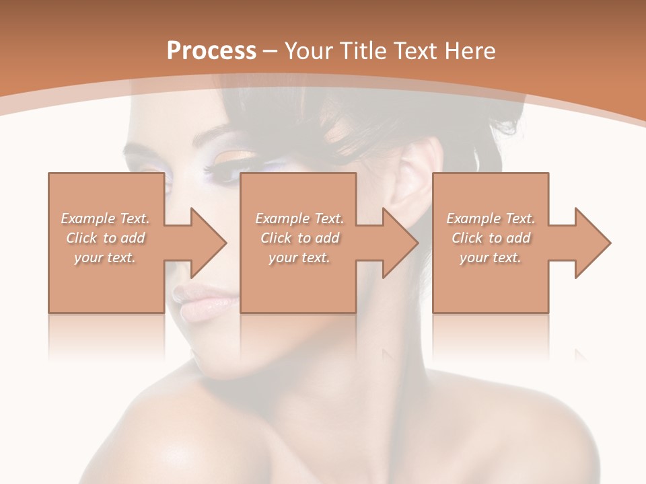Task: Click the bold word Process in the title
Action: pos(211,51)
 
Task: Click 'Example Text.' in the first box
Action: pos(105,218)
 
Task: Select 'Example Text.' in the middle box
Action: pos(299,218)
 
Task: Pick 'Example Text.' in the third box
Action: pos(491,218)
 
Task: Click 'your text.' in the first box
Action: pos(105,257)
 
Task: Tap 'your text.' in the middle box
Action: pos(299,257)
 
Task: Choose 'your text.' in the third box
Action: pos(491,257)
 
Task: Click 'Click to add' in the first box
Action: pos(105,238)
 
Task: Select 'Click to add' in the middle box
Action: pos(299,238)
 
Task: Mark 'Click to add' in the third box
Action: pos(491,238)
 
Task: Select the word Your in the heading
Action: pos(307,51)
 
